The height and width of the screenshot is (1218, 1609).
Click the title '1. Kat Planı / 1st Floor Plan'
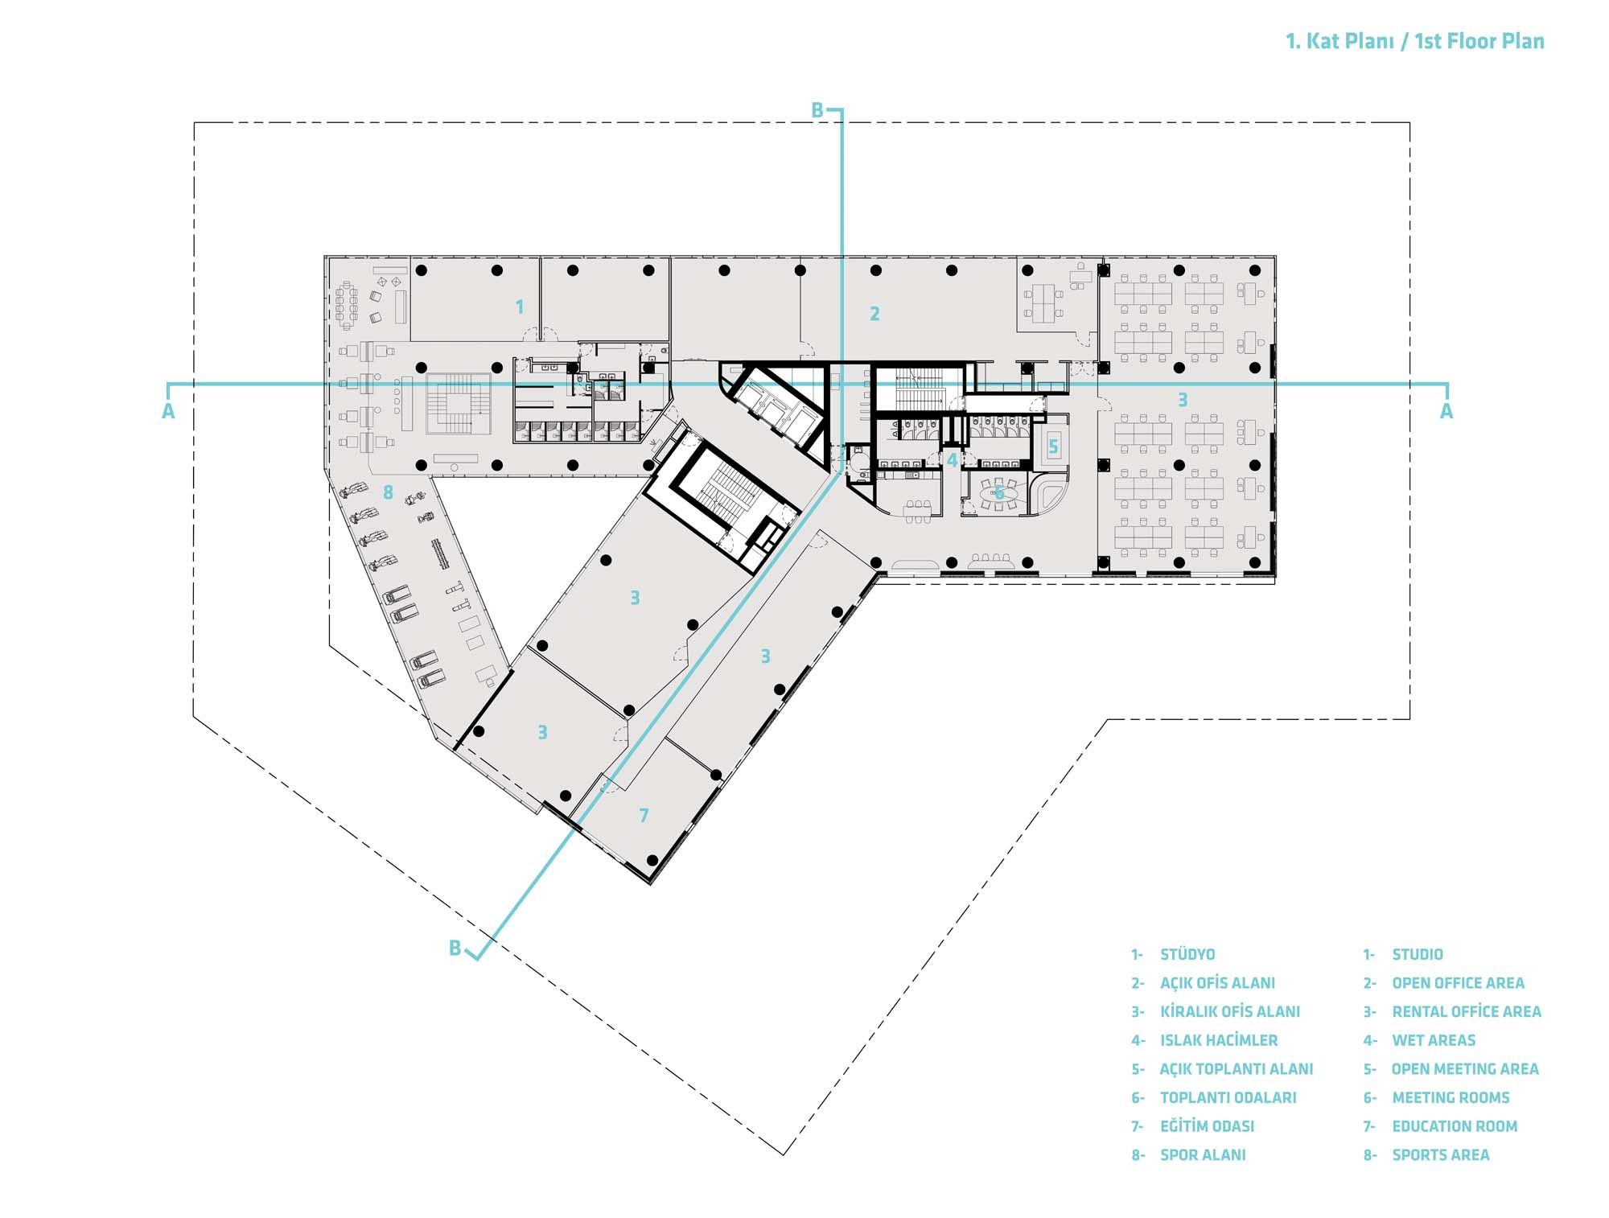click(1415, 42)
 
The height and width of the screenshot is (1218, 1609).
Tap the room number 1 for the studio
click(520, 307)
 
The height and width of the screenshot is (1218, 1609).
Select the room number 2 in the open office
click(874, 314)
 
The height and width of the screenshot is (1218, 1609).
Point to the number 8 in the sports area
click(388, 492)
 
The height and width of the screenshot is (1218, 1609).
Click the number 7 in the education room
click(644, 816)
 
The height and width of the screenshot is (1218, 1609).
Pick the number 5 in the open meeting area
click(1053, 446)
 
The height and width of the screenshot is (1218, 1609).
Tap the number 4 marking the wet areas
click(953, 461)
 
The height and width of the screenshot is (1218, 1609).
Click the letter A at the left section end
click(168, 412)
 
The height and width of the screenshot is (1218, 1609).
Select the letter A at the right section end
click(1446, 412)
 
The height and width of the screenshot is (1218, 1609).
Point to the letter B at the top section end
click(817, 111)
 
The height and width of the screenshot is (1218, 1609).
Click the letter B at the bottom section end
click(455, 948)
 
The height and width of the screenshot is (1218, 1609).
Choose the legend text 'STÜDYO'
click(1187, 955)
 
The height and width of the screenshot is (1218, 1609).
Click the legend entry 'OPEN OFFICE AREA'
click(1458, 983)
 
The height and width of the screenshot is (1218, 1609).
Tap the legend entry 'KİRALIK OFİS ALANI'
click(1230, 1012)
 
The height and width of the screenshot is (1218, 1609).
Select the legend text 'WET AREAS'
click(1434, 1040)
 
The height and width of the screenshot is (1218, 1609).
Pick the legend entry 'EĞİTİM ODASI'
click(1208, 1126)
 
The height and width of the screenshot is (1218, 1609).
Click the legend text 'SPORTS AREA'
click(1441, 1155)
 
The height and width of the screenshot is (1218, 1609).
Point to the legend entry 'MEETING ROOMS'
click(1451, 1098)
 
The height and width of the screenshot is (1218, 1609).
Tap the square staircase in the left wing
click(458, 404)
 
